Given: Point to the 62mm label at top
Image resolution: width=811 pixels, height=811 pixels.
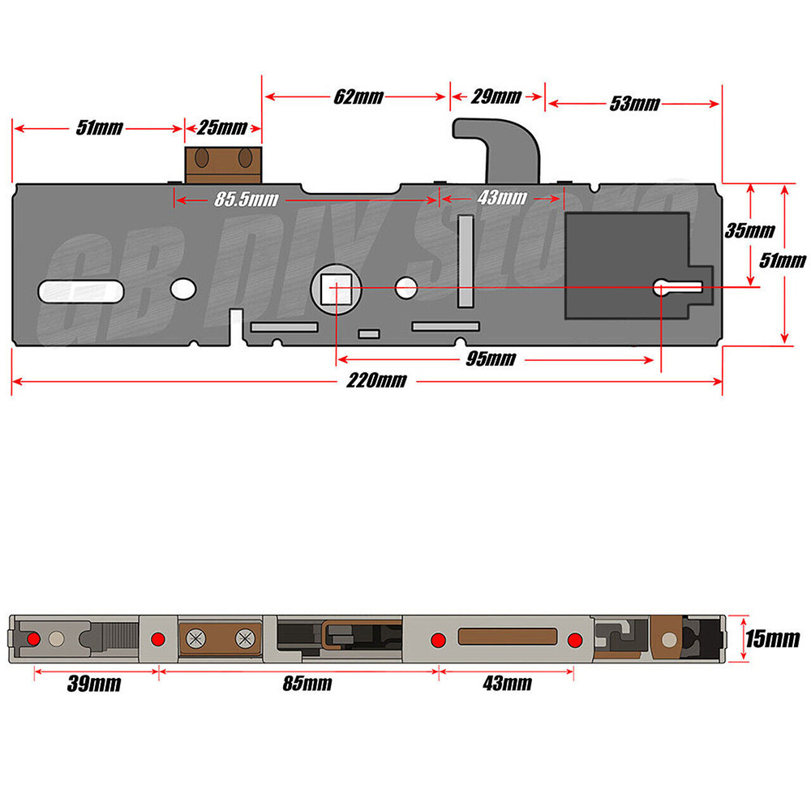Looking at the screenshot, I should click(x=358, y=97).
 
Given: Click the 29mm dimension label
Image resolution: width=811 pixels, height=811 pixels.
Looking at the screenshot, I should click(x=496, y=97).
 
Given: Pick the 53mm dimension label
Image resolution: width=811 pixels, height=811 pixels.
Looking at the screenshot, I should click(x=634, y=104).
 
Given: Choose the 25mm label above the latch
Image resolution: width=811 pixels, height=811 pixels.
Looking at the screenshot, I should click(x=222, y=128).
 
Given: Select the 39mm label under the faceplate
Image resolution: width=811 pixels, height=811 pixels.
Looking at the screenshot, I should click(x=95, y=684).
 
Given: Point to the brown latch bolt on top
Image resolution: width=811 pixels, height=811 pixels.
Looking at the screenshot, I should click(x=224, y=165).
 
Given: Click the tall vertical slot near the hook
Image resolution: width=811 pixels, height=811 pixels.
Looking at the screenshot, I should click(x=466, y=261).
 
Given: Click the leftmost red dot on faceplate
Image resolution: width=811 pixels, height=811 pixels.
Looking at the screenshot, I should click(x=33, y=639).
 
